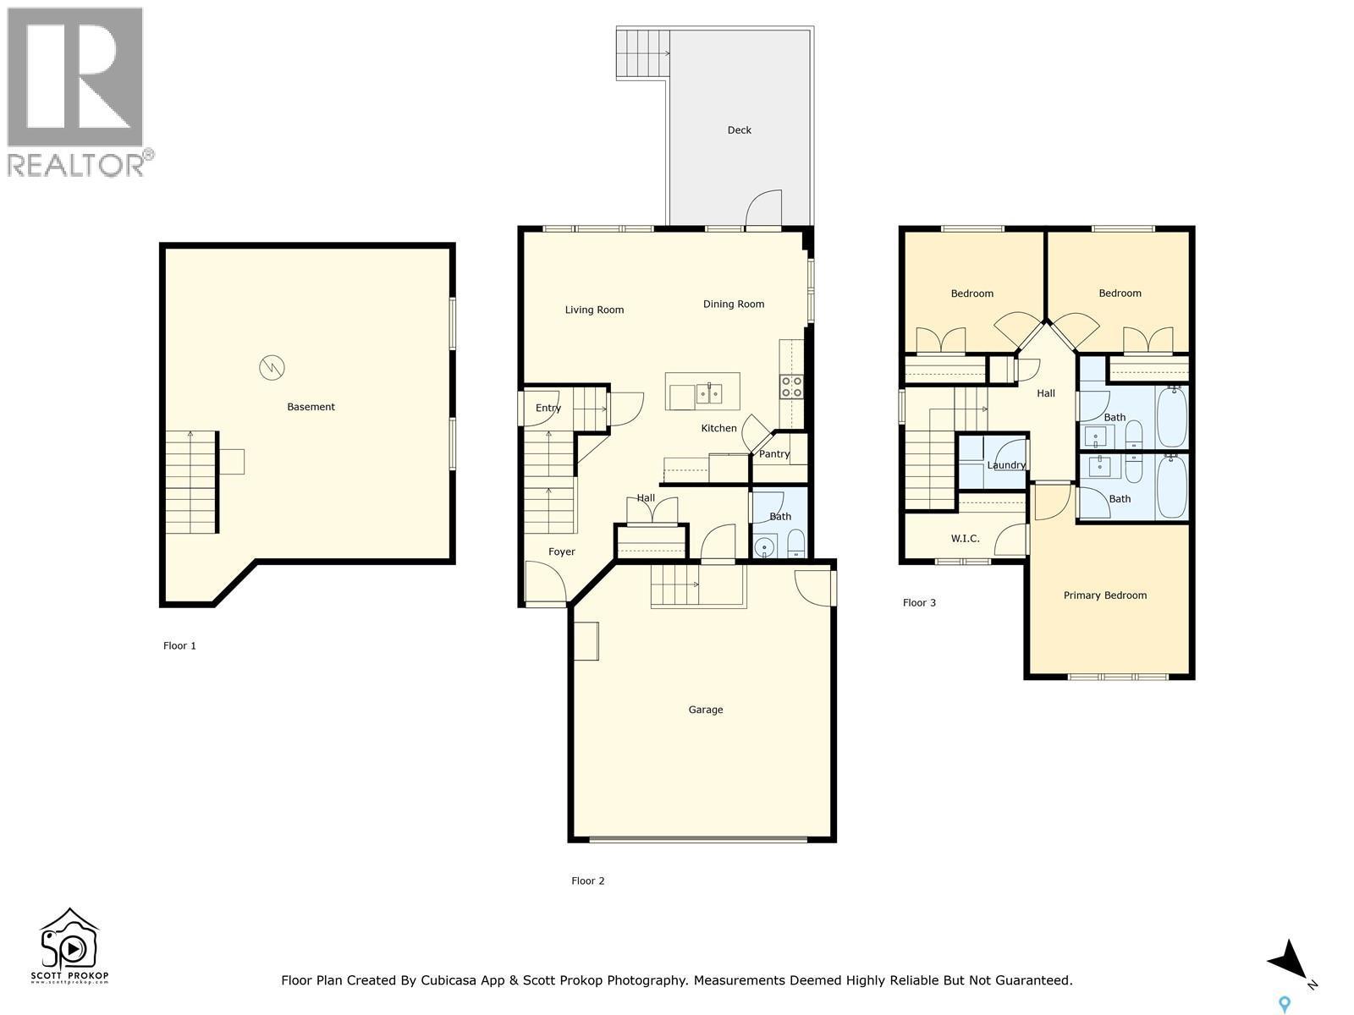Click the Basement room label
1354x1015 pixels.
(x=311, y=407)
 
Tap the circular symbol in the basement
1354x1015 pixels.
(x=272, y=367)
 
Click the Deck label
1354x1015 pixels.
(x=739, y=130)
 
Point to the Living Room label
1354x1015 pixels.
(x=594, y=310)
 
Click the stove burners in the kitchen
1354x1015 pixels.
(x=791, y=387)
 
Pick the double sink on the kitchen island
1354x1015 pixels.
(x=708, y=393)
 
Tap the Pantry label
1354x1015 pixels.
(x=773, y=454)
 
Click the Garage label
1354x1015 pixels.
(x=705, y=710)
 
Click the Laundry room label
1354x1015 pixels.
(x=1006, y=465)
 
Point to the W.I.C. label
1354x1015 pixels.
(x=965, y=538)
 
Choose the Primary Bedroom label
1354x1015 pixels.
(x=1104, y=595)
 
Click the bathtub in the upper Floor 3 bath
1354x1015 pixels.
(x=1172, y=417)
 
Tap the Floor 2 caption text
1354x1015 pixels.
(x=587, y=881)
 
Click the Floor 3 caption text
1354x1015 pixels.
(x=919, y=603)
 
